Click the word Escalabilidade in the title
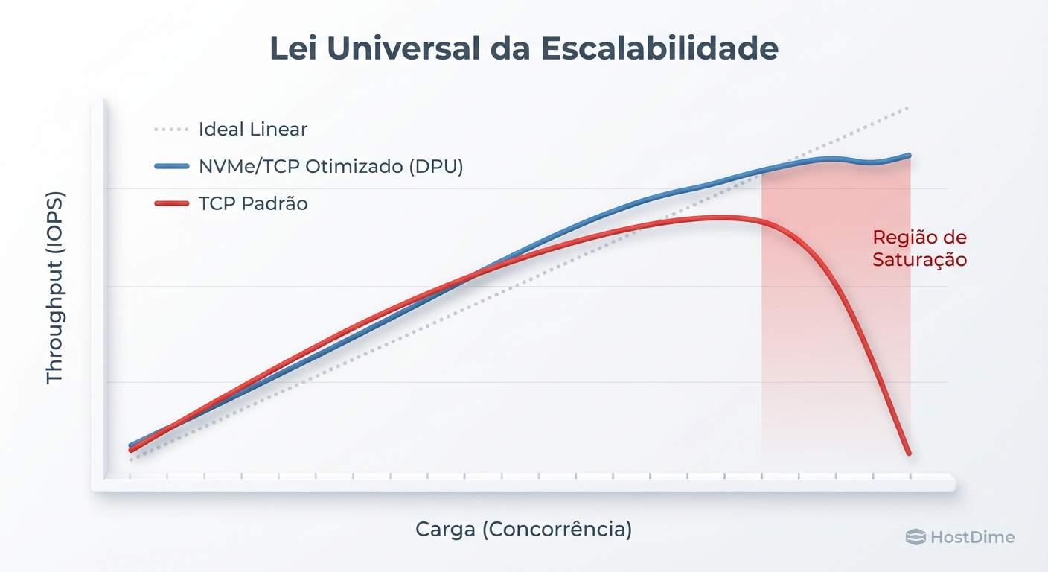pyautogui.click(x=660, y=48)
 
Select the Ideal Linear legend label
pyautogui.click(x=253, y=130)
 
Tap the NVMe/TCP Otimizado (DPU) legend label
pyautogui.click(x=331, y=166)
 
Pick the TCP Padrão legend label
pyautogui.click(x=253, y=203)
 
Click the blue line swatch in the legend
pyautogui.click(x=171, y=166)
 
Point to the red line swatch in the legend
pyautogui.click(x=171, y=203)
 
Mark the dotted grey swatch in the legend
pyautogui.click(x=171, y=130)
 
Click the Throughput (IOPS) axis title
pyautogui.click(x=55, y=288)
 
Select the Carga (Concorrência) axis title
pyautogui.click(x=523, y=530)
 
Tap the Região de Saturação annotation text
pyautogui.click(x=920, y=249)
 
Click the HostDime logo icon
pyautogui.click(x=916, y=537)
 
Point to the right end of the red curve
pyautogui.click(x=909, y=453)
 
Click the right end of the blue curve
pyautogui.click(x=909, y=156)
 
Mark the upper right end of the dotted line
pyautogui.click(x=908, y=109)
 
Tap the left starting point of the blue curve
pyautogui.click(x=131, y=445)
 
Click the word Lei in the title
pyautogui.click(x=293, y=48)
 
